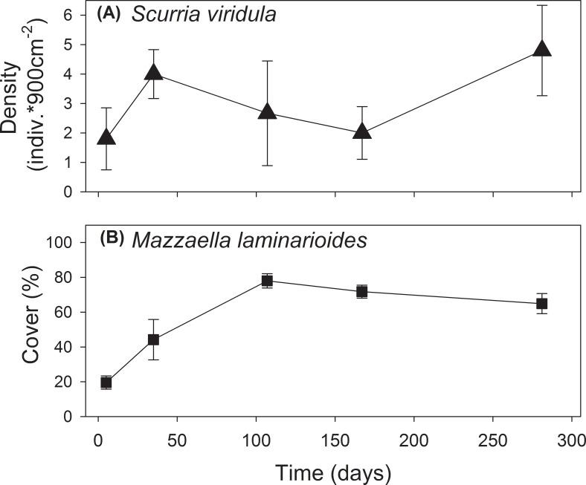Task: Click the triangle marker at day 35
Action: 154,73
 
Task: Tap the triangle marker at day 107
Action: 268,113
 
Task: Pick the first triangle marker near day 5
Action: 106,137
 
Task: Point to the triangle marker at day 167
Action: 362,132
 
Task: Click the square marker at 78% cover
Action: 267,281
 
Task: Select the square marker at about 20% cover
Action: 106,383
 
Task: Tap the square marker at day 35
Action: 154,339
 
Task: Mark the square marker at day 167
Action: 362,291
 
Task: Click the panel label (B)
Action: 116,240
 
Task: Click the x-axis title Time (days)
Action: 330,472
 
